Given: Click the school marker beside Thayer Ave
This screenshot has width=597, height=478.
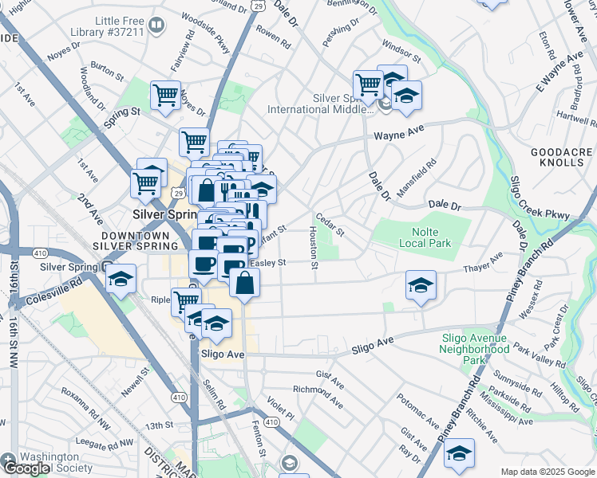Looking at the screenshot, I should pos(421,284).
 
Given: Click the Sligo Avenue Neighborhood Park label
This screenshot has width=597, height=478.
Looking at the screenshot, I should pos(476,349).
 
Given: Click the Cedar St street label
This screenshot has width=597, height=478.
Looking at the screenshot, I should pos(329,224).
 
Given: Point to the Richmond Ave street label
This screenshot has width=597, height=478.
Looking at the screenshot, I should pos(318,396).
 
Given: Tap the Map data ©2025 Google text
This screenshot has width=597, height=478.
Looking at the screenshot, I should pos(547,472).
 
